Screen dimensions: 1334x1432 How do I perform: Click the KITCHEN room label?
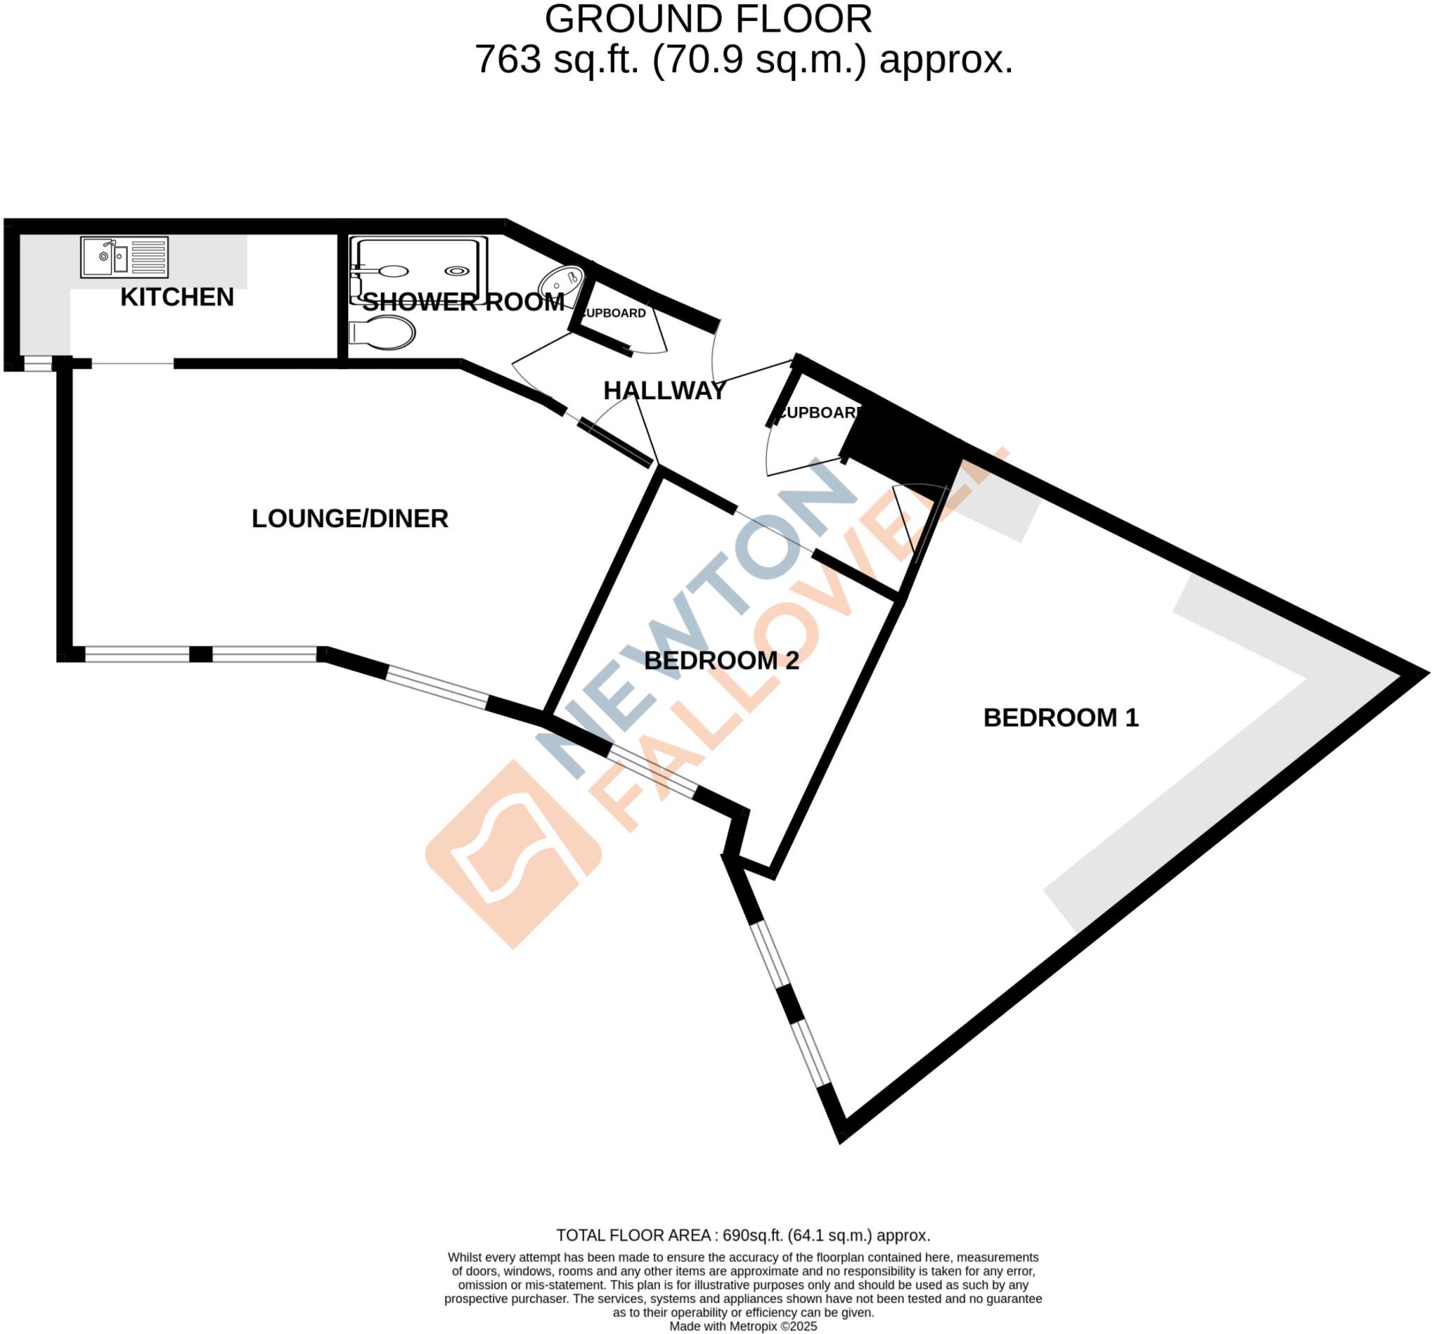coord(176,296)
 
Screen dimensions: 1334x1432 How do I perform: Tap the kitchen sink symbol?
coord(124,257)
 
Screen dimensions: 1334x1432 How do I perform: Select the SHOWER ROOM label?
coord(463,302)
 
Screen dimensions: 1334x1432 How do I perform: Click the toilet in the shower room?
coord(383,333)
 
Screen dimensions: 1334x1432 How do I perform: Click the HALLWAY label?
coord(664,390)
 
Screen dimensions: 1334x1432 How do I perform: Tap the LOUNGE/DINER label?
coord(350,519)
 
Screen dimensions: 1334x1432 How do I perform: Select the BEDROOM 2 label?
coord(721,661)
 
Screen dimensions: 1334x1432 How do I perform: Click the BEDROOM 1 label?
coord(1060,717)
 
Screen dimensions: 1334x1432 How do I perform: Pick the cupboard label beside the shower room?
coord(614,313)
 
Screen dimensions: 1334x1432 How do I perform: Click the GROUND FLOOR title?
coord(708,20)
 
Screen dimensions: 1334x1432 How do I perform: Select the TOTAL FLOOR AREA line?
coord(743,1235)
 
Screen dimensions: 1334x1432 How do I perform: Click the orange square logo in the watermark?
coord(513,854)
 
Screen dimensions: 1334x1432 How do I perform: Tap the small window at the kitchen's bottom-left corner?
coord(38,364)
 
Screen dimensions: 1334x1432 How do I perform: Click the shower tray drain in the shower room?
coord(456,271)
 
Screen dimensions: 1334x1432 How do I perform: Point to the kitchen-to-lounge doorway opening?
coord(133,364)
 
